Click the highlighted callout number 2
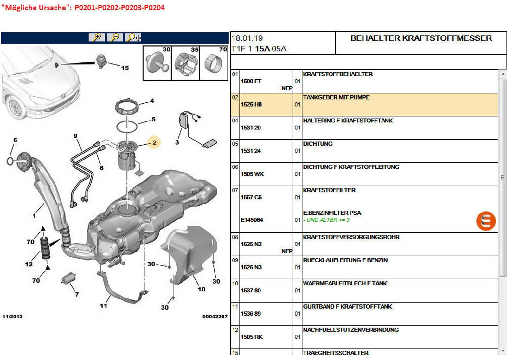click(154, 143)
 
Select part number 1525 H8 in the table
click(251, 104)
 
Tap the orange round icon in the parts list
click(485, 221)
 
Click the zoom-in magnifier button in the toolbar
click(97, 37)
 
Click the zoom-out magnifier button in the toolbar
click(115, 37)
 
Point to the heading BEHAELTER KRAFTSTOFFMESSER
click(421, 38)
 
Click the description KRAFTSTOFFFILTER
click(329, 190)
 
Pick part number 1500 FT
click(251, 81)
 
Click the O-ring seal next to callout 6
click(10, 161)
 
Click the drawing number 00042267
click(215, 316)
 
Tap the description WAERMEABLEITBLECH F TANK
click(345, 283)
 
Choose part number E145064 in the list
click(252, 220)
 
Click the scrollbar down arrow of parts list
click(503, 351)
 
